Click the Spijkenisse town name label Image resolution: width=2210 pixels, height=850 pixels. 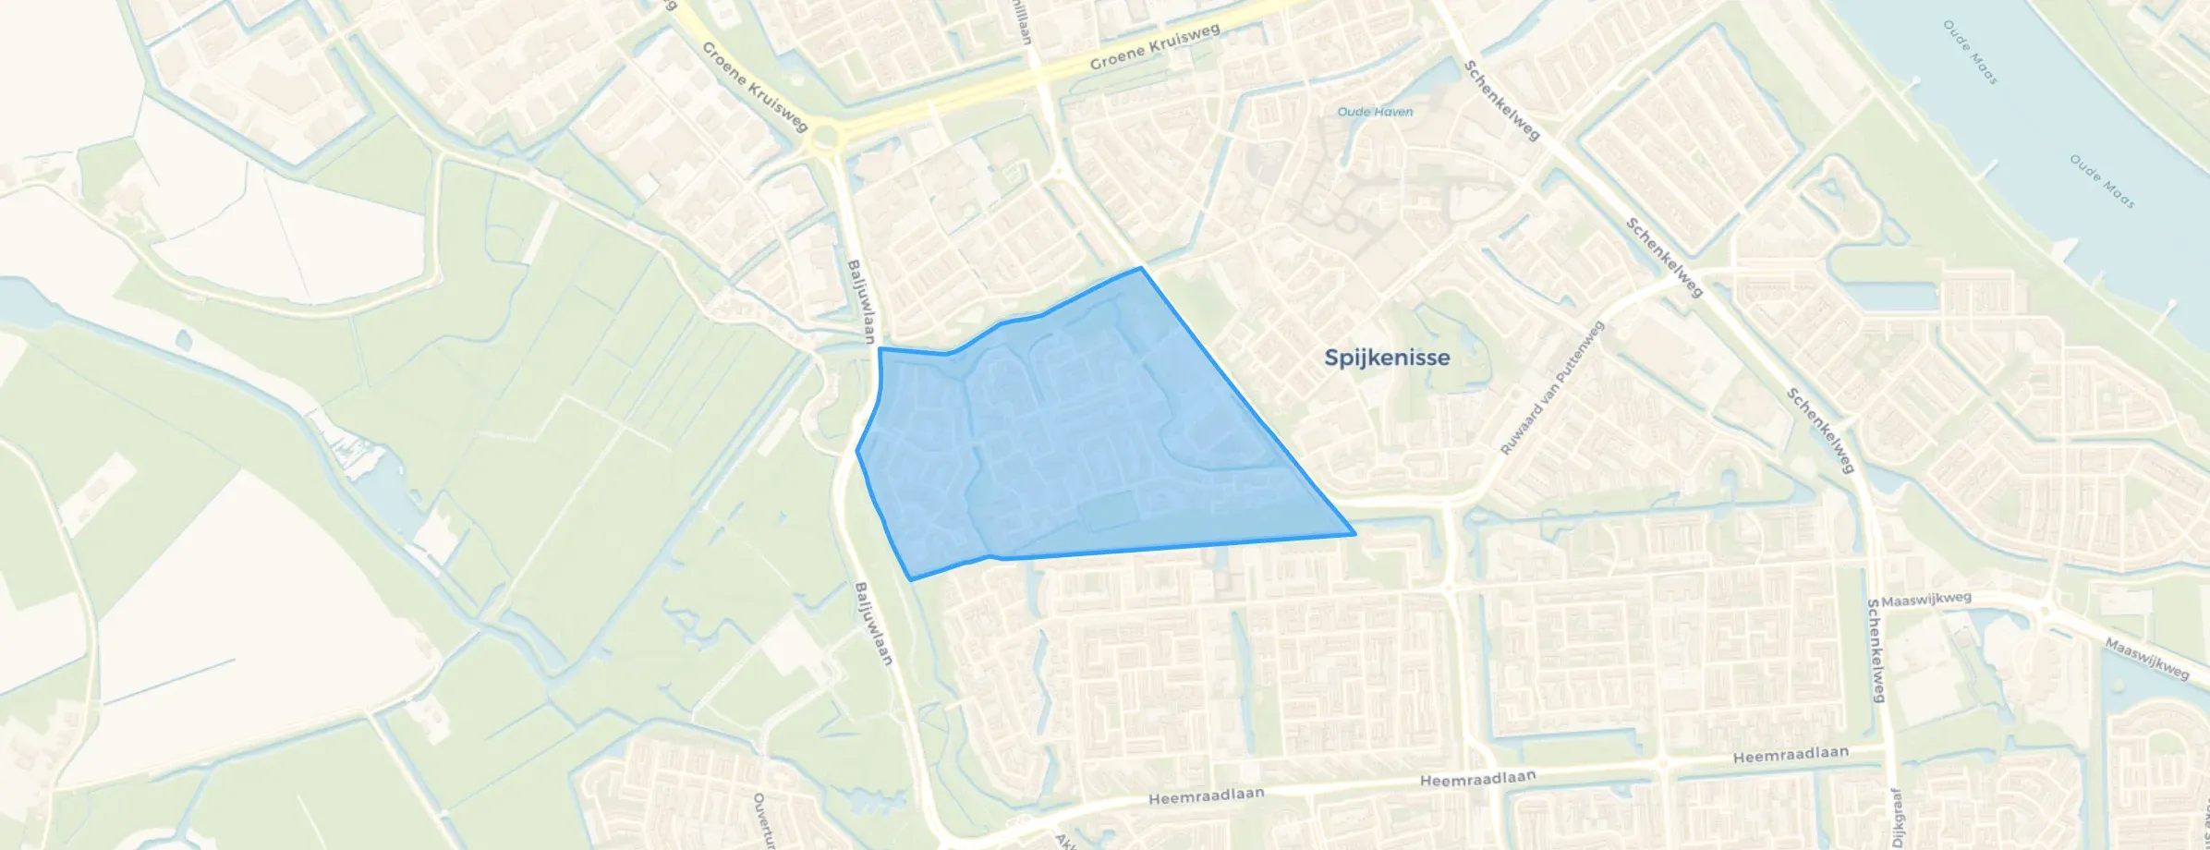(x=1386, y=358)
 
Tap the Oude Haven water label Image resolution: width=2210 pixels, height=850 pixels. (x=1375, y=112)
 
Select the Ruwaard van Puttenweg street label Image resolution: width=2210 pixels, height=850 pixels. (x=1552, y=388)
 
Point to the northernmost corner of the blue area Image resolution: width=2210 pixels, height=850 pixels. (x=1142, y=268)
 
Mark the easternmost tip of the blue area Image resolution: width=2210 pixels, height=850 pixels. (x=1354, y=534)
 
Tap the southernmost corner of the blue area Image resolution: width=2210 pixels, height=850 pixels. (x=912, y=580)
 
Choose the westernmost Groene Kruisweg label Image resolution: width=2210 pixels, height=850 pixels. (x=755, y=87)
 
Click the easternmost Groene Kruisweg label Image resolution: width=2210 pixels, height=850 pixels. (x=1155, y=46)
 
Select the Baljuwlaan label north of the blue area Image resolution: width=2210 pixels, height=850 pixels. (x=860, y=302)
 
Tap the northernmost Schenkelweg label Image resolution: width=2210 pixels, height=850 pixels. (x=1501, y=101)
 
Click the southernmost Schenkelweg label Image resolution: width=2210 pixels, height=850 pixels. (x=1876, y=650)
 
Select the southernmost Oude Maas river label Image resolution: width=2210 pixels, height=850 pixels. (x=2101, y=181)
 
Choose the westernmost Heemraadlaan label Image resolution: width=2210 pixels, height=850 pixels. (x=1206, y=796)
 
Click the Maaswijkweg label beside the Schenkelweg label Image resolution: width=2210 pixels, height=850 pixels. (x=1926, y=600)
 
